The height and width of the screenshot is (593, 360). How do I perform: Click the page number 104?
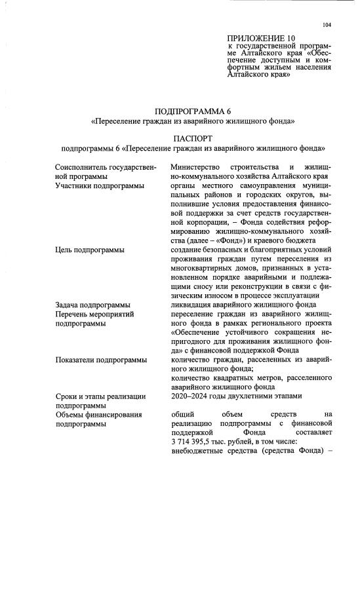tap(327, 25)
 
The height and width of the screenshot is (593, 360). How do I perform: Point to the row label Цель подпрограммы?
tap(89, 250)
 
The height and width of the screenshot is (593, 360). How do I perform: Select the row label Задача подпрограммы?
tap(93, 305)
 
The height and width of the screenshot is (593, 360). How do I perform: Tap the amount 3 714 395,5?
tap(192, 442)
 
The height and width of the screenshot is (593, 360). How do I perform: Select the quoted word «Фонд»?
tap(236, 240)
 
